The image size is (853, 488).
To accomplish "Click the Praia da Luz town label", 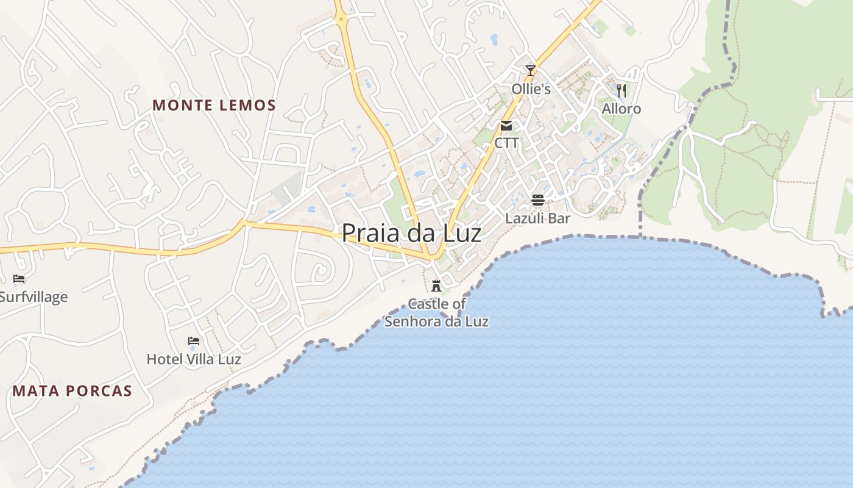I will pos(411,233).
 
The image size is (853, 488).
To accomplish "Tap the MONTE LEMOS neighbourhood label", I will pos(214,106).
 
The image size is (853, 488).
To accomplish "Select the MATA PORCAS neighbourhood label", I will pos(73,391).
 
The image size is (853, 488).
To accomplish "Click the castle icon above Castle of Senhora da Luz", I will pos(436,285).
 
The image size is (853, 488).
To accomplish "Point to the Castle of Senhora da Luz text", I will pos(436,312).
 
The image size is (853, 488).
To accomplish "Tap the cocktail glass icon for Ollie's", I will pos(531,71).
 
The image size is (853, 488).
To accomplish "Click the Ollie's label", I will pos(531,89).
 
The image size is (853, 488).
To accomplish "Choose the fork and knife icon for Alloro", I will pos(621,91).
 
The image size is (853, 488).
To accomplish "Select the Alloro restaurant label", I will pos(621,109).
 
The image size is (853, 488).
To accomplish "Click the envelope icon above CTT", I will pos(506,126).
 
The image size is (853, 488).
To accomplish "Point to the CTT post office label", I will pos(506,143).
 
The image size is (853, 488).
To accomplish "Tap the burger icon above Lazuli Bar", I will pos(537,199).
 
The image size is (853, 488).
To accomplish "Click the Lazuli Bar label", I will pos(537,218).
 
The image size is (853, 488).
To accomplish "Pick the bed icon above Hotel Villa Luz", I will pos(194,341).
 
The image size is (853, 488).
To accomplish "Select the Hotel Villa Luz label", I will pos(194,359).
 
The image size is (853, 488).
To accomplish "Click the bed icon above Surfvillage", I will pos(19,279).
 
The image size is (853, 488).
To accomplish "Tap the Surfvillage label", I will pos(34,297).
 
